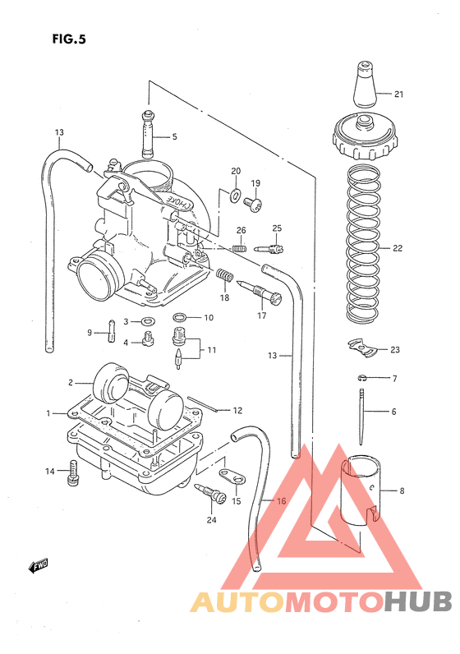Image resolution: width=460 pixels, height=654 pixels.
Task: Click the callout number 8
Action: tap(402, 491)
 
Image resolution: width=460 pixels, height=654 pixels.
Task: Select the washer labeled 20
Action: tap(236, 195)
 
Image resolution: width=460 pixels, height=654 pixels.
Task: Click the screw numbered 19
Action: tap(256, 202)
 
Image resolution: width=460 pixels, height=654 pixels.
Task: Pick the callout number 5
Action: tap(174, 136)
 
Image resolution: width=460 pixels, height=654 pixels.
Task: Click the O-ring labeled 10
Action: tap(180, 317)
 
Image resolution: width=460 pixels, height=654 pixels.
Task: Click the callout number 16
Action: tap(282, 501)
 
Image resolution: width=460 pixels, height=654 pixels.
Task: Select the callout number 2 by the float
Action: tap(71, 382)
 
